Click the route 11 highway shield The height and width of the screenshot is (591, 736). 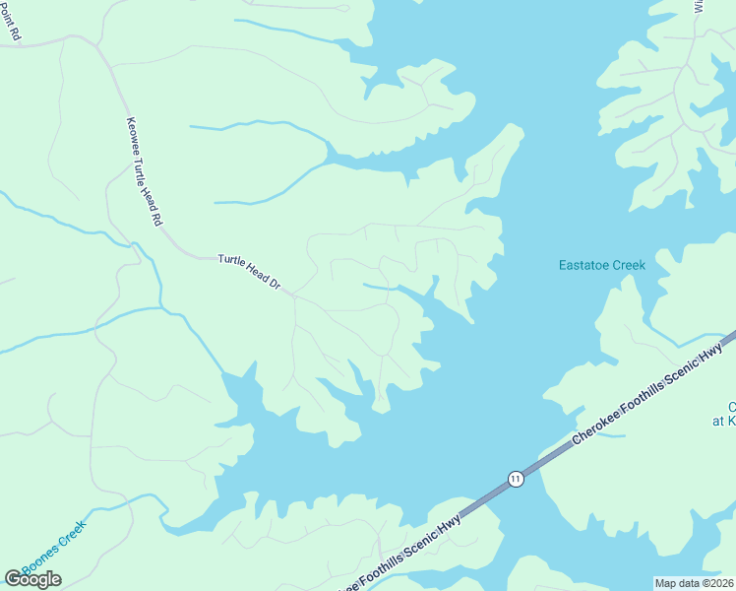pyautogui.click(x=516, y=479)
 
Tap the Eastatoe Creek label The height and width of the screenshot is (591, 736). pyautogui.click(x=601, y=265)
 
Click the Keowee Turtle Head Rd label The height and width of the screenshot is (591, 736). pyautogui.click(x=143, y=173)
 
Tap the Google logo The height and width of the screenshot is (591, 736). pyautogui.click(x=33, y=578)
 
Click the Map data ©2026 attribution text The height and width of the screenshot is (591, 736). pyautogui.click(x=694, y=582)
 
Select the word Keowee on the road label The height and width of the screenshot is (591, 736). pyautogui.click(x=134, y=139)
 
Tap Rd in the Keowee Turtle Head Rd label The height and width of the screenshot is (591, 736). pyautogui.click(x=155, y=220)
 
